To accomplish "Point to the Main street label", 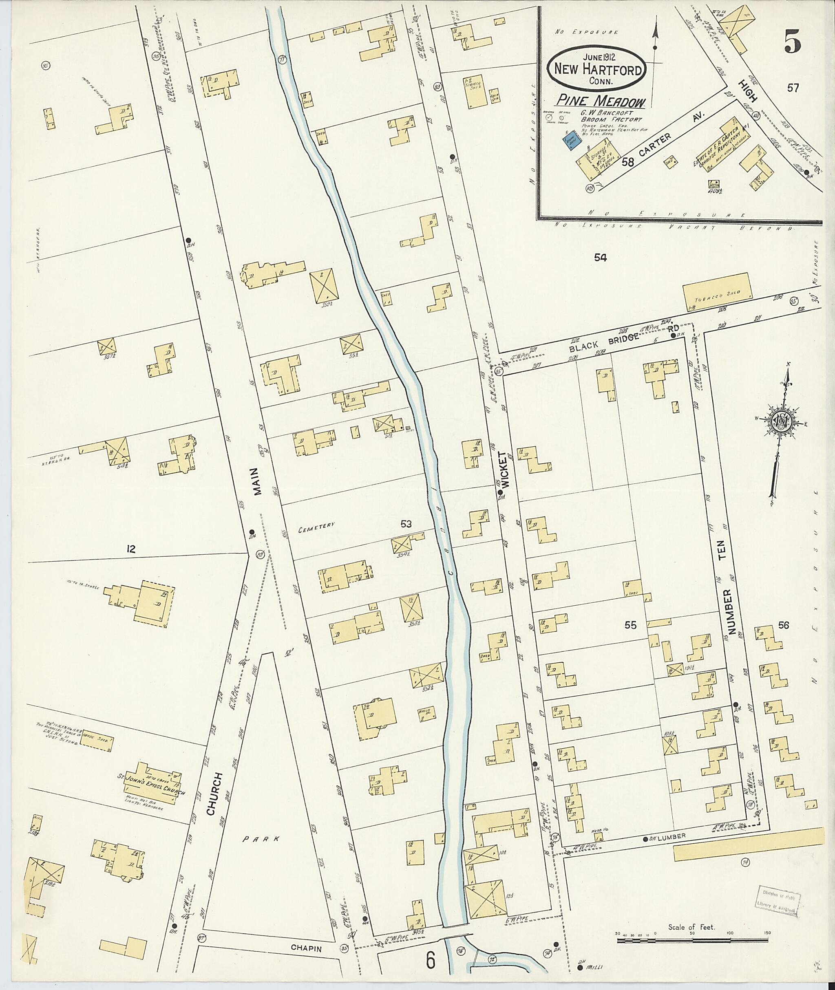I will [256, 481].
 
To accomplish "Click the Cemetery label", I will [316, 524].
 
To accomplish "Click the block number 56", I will [784, 625].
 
